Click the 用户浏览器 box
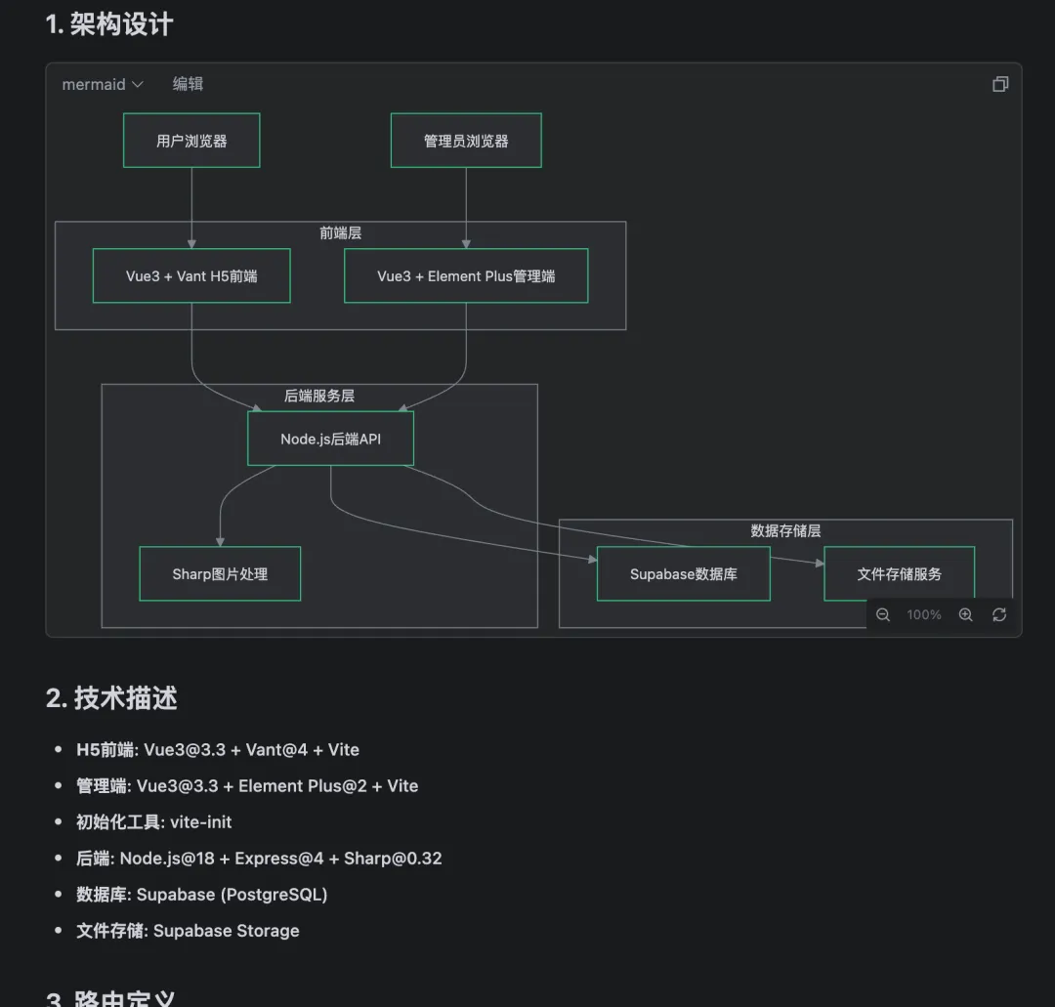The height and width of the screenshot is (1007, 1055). [191, 141]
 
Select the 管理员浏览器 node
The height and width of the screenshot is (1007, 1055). [466, 141]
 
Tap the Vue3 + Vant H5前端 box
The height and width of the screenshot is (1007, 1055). [191, 276]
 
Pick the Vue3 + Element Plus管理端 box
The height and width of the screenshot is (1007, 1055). [466, 276]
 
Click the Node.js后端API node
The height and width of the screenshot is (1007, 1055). [330, 439]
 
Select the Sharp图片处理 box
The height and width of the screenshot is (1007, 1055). [220, 574]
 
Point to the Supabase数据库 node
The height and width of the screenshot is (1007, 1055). [683, 574]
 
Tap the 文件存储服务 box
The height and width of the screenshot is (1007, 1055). [899, 574]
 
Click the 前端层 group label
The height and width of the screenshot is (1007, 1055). [340, 233]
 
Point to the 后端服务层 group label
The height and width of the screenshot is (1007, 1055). [319, 396]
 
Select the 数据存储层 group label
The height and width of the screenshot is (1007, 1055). [785, 530]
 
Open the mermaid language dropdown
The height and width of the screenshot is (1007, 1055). [103, 85]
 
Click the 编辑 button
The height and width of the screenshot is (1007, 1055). [188, 85]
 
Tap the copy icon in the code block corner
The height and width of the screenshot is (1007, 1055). [999, 85]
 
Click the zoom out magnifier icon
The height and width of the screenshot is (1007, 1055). [883, 614]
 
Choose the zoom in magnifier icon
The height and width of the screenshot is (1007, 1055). [965, 614]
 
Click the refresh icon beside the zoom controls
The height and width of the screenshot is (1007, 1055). [998, 614]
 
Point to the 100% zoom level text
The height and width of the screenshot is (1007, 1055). [924, 614]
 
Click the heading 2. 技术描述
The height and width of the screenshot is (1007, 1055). [111, 698]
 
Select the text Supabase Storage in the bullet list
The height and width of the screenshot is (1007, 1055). [226, 931]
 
